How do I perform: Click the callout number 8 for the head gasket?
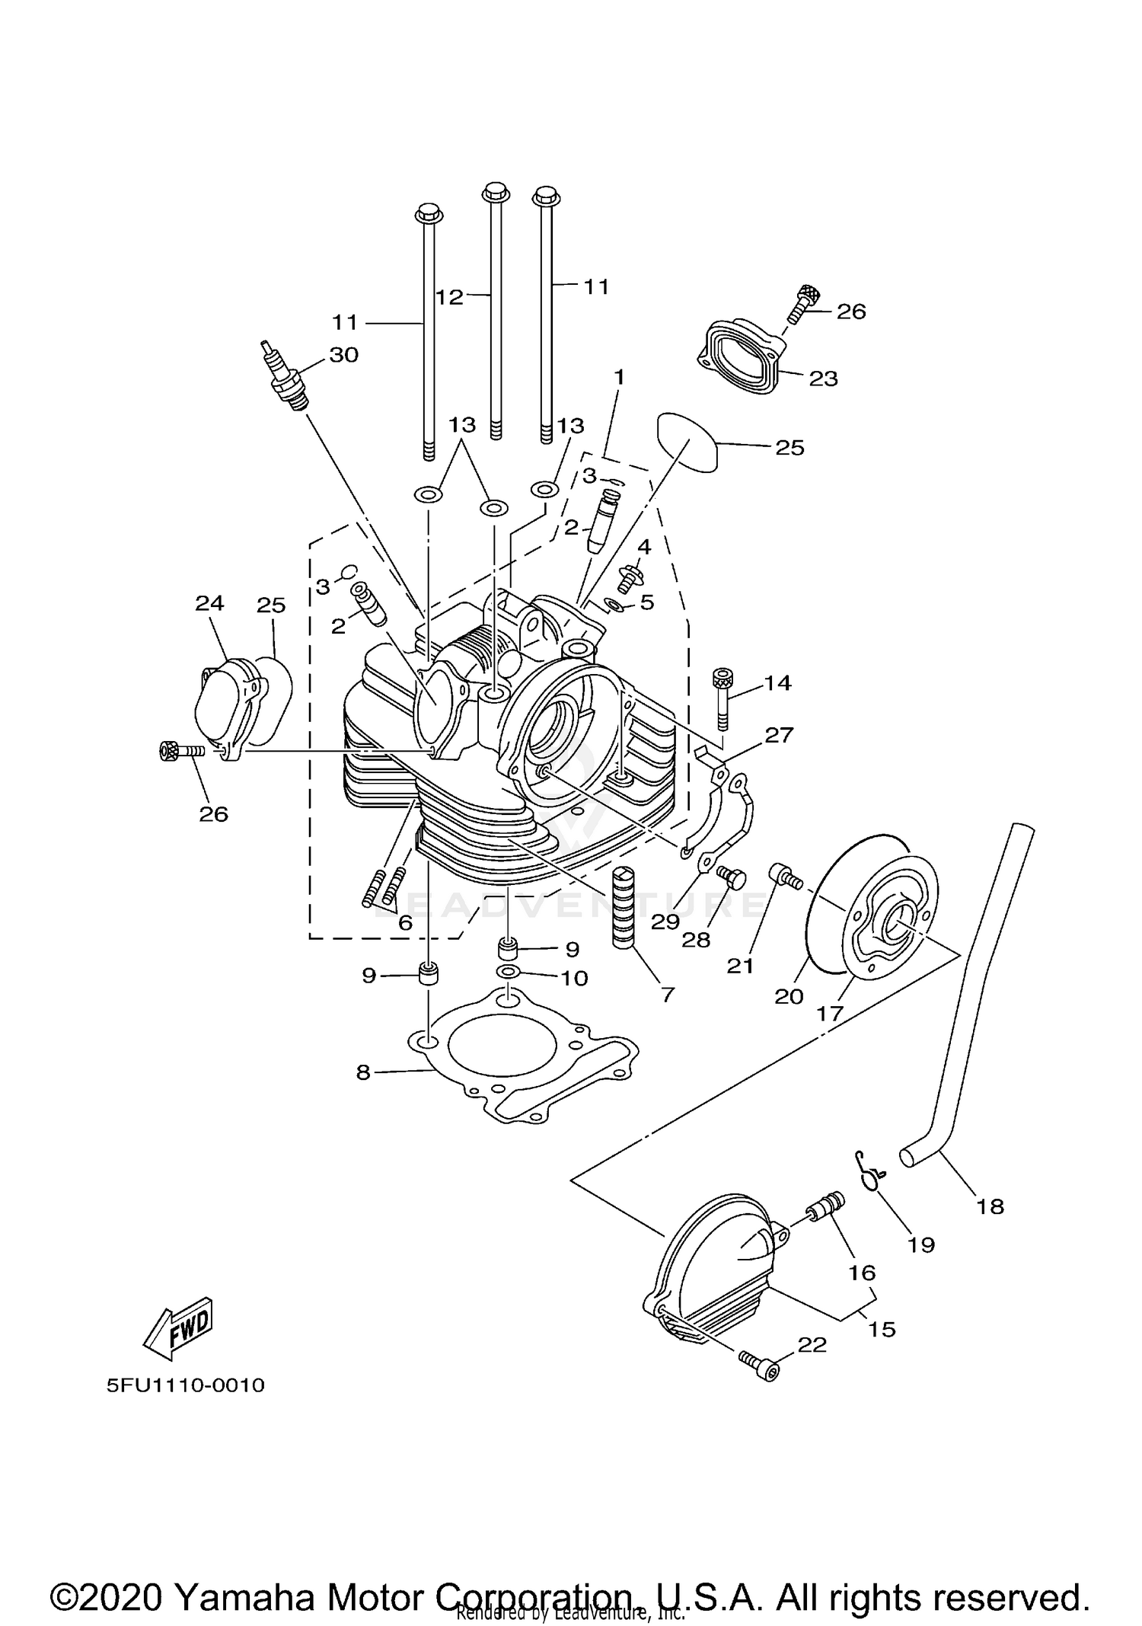[x=363, y=1072]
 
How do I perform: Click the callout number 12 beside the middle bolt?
[x=449, y=297]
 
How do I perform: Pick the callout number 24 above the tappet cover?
[x=209, y=603]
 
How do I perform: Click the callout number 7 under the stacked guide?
[x=668, y=994]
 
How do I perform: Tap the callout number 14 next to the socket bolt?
[x=778, y=683]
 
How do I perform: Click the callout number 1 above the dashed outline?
[x=619, y=377]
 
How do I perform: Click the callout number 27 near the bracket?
[x=779, y=735]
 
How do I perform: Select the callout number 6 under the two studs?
[x=404, y=923]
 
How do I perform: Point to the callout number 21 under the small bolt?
[x=740, y=966]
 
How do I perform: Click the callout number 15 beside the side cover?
[x=881, y=1329]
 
